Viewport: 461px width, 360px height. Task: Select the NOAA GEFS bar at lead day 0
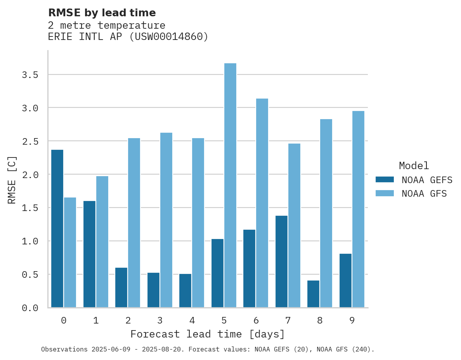57,228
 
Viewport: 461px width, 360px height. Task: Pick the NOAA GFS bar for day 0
70,252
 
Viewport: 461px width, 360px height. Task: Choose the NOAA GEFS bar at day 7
281,261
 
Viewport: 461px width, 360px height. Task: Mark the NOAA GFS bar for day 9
358,209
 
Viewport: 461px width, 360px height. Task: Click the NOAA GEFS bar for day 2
121,287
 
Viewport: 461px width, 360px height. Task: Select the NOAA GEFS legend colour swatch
385,180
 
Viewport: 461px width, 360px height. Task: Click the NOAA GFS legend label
424,193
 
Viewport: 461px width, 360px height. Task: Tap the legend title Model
414,166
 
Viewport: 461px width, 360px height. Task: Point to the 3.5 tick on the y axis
30,74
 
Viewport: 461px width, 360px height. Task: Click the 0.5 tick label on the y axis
30,274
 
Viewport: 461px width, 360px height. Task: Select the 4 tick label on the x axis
192,320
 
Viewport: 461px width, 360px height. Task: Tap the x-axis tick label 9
352,320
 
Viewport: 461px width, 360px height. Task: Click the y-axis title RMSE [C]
12,179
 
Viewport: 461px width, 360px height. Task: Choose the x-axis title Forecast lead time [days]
208,334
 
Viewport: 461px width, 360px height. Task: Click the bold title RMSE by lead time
102,13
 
